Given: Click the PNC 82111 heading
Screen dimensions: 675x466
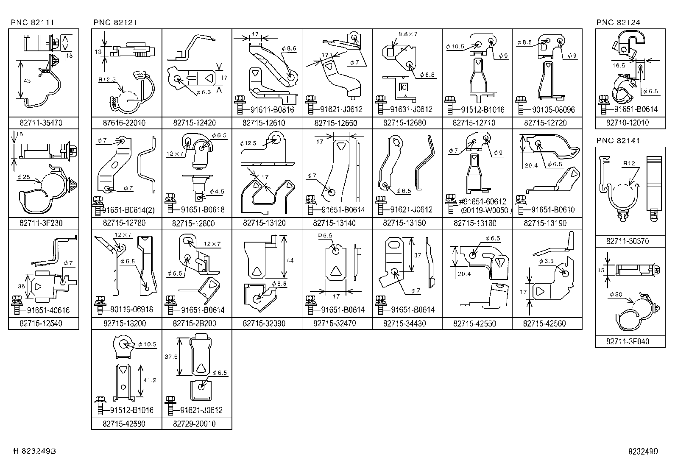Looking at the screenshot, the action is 33,22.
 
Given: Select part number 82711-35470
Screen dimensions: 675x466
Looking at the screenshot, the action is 41,123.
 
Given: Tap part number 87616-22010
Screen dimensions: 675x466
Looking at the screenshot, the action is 124,123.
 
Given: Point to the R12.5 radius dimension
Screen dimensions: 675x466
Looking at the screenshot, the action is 107,80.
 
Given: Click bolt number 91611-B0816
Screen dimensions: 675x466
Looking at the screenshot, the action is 272,110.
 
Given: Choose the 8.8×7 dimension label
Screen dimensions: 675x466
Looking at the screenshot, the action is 408,34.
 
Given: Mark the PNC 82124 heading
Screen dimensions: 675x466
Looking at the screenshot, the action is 618,22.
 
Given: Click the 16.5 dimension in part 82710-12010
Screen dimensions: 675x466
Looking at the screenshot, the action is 619,65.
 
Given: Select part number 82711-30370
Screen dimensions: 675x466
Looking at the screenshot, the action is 628,241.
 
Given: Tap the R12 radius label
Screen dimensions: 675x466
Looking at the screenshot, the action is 629,163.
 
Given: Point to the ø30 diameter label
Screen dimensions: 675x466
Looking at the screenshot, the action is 616,294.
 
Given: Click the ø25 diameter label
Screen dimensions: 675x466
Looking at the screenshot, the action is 23,177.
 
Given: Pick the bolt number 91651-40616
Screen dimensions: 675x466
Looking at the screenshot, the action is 48,310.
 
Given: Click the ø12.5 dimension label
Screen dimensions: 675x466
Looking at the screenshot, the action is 248,143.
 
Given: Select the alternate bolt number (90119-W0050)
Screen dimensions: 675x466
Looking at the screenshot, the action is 486,210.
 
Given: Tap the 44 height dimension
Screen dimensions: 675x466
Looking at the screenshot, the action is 290,260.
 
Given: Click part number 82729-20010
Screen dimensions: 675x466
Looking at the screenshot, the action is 194,424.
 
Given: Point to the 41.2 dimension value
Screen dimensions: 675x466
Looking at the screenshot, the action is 150,380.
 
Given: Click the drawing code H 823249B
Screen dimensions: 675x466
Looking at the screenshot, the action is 35,451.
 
